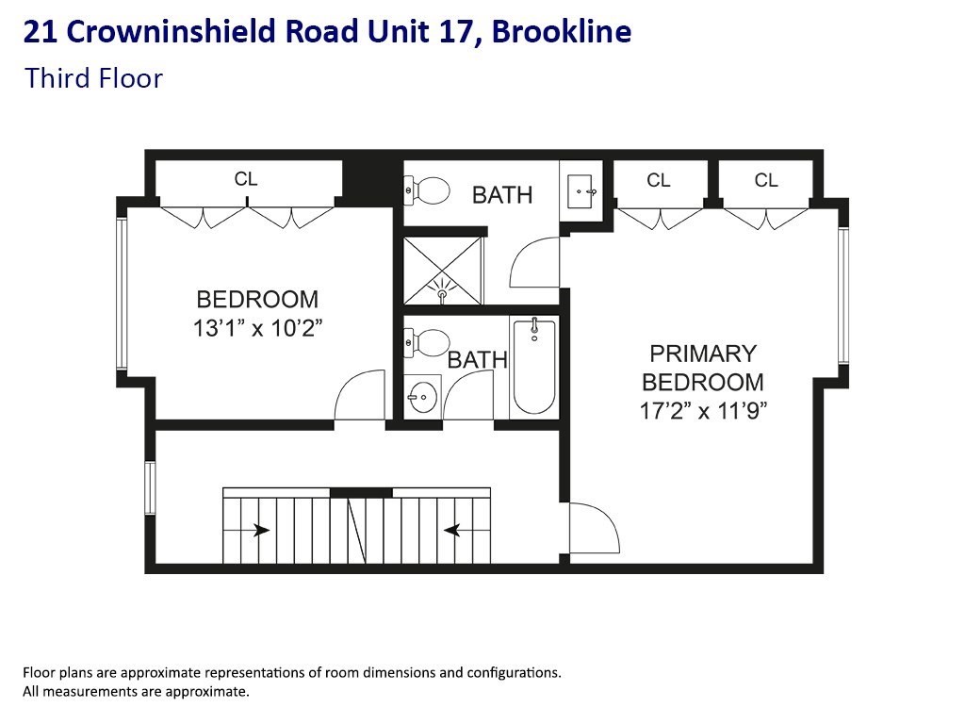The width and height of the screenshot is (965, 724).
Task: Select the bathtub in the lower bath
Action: (533, 367)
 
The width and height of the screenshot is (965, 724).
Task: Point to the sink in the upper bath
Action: (581, 192)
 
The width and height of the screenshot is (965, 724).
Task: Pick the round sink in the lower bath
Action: (422, 396)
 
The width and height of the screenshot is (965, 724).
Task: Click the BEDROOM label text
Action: (257, 300)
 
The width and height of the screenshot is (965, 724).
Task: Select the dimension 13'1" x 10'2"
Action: (257, 328)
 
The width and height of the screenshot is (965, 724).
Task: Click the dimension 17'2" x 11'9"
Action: (702, 411)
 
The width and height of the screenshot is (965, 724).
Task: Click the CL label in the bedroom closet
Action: (246, 178)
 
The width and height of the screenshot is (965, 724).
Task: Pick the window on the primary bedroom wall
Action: (843, 295)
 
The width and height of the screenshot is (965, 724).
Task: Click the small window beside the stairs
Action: (150, 487)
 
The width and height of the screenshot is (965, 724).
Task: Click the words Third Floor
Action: (94, 77)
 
